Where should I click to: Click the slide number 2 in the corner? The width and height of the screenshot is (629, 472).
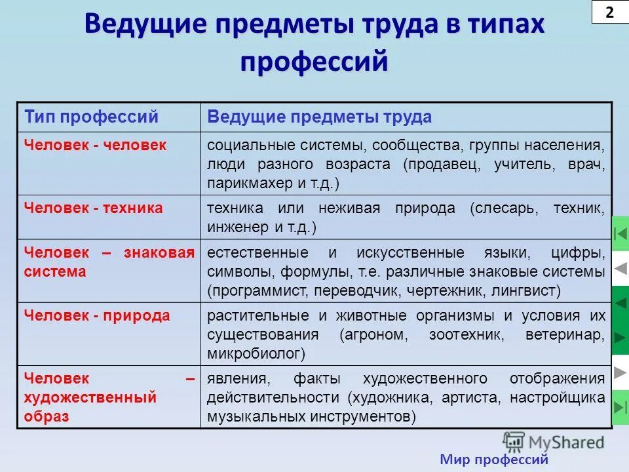click(x=609, y=12)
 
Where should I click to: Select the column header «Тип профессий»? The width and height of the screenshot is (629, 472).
click(x=91, y=117)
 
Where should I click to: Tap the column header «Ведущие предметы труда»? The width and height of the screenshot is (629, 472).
click(x=319, y=117)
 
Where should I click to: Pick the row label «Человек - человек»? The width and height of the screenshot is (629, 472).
click(x=95, y=145)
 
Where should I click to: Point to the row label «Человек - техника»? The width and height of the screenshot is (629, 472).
click(x=93, y=208)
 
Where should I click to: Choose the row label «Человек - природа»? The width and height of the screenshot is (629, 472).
click(x=97, y=315)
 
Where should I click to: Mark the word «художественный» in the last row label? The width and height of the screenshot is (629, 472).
click(x=90, y=397)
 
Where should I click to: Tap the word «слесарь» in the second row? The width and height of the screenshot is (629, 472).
click(x=505, y=208)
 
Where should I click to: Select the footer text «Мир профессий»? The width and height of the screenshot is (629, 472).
click(x=493, y=460)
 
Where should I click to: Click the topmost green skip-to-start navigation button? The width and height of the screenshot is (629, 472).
click(x=620, y=233)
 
